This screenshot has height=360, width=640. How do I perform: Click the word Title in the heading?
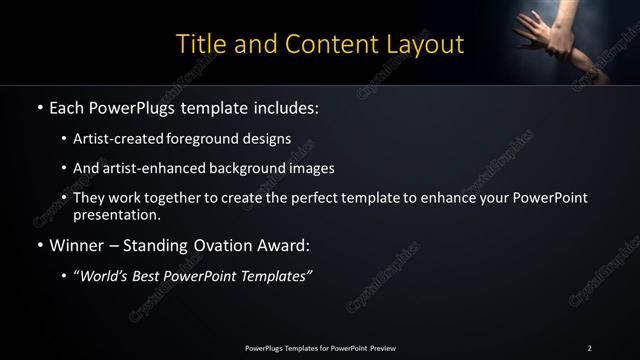(200, 44)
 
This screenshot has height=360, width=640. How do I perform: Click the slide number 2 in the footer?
(589, 348)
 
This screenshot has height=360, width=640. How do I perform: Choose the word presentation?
(116, 214)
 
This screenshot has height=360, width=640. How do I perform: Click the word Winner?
(77, 244)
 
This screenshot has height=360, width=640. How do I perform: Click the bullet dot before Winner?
(38, 244)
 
